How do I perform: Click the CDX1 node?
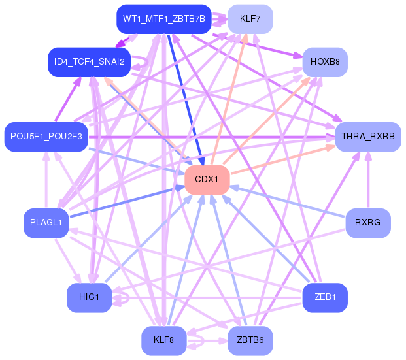tap(207, 179)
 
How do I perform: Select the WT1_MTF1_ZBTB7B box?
tap(161, 19)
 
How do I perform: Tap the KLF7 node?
tap(250, 19)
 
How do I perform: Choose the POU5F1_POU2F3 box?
tap(46, 137)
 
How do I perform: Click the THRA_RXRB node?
tap(367, 137)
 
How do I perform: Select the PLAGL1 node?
tap(46, 223)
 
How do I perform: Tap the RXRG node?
tap(367, 223)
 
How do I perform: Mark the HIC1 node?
tap(88, 298)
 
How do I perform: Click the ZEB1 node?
tap(325, 298)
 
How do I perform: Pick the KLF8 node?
tap(163, 340)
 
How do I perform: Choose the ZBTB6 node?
tap(250, 340)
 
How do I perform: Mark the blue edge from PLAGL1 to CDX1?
tap(124, 202)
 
